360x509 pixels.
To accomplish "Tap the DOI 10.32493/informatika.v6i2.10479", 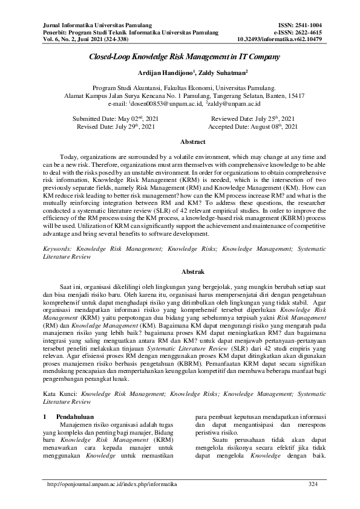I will click(280, 39).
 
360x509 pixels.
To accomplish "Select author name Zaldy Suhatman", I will click(207, 73).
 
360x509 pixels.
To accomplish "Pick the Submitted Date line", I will click(116, 118).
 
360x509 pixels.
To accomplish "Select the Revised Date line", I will click(116, 127).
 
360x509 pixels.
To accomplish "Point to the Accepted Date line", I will click(252, 127).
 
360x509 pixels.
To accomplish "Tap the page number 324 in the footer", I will click(313, 484).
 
